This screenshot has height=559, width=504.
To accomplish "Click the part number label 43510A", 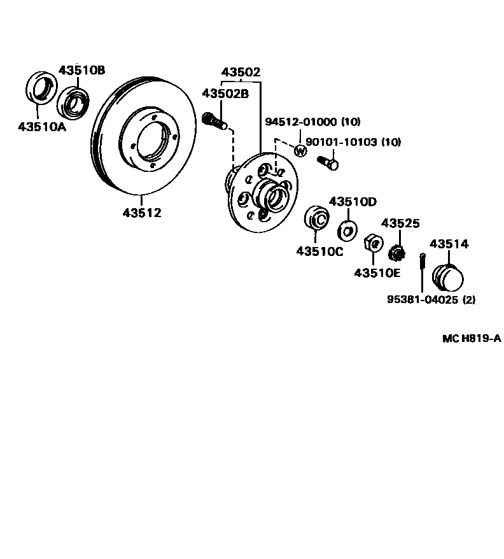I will point(42,126).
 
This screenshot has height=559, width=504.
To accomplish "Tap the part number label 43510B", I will point(82,70).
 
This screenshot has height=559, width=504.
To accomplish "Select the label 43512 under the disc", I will point(142,213).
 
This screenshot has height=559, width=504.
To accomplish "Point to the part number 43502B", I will point(225,94).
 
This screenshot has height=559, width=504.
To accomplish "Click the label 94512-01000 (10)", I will point(312,122).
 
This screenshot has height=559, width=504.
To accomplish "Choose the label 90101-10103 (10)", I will point(353,142).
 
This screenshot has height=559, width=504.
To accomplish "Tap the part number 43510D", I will point(353,202).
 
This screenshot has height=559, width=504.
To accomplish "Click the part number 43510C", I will point(319,251).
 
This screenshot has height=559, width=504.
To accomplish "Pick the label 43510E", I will point(377,272).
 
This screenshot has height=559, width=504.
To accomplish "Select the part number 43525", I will point(400,223).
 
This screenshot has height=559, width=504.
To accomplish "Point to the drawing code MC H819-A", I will point(472,338).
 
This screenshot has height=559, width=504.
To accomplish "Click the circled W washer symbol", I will point(301,151).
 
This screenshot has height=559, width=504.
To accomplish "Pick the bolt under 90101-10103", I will point(328,163).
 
